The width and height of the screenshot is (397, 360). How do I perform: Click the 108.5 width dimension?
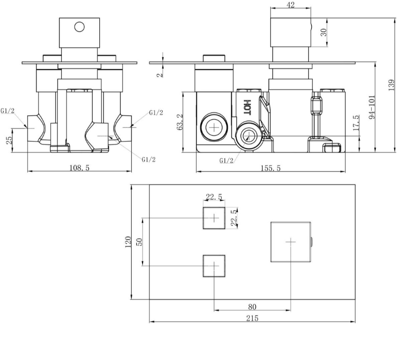(80, 168)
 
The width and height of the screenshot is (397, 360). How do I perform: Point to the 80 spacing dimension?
(252, 307)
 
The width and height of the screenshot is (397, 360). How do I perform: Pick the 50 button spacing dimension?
(139, 243)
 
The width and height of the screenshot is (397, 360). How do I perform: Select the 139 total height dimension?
(391, 84)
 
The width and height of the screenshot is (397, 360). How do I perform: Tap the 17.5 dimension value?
(356, 123)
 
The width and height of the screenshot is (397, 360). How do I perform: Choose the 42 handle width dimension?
(292, 5)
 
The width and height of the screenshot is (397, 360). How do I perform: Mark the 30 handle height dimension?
(324, 32)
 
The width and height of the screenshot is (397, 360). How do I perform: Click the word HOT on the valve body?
(247, 107)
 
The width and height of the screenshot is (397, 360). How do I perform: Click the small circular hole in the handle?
(79, 27)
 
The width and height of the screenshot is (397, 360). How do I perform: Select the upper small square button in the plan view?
(214, 218)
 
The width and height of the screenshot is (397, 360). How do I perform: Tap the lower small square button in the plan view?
(214, 266)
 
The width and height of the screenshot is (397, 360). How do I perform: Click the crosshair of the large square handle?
(291, 241)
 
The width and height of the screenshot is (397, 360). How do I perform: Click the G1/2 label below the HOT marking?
(226, 161)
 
